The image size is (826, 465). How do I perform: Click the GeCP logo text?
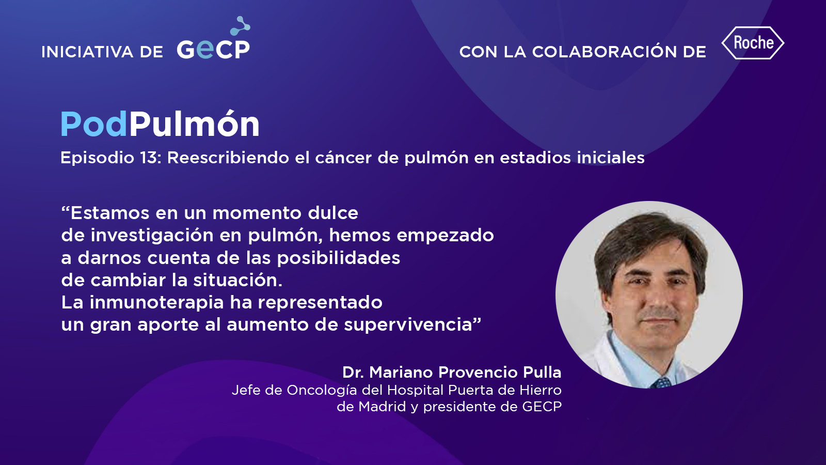[213, 50]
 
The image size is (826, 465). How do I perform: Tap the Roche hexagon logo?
[753, 43]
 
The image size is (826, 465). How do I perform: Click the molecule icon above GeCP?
[240, 26]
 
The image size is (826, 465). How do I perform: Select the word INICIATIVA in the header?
[87, 52]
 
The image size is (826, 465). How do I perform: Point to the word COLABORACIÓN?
[604, 52]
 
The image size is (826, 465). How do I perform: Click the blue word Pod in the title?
[94, 125]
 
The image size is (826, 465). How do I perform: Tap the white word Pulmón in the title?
[194, 123]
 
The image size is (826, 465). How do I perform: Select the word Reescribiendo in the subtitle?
[228, 158]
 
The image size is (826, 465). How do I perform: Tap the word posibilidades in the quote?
[339, 258]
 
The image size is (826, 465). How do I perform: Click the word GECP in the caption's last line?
[542, 407]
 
